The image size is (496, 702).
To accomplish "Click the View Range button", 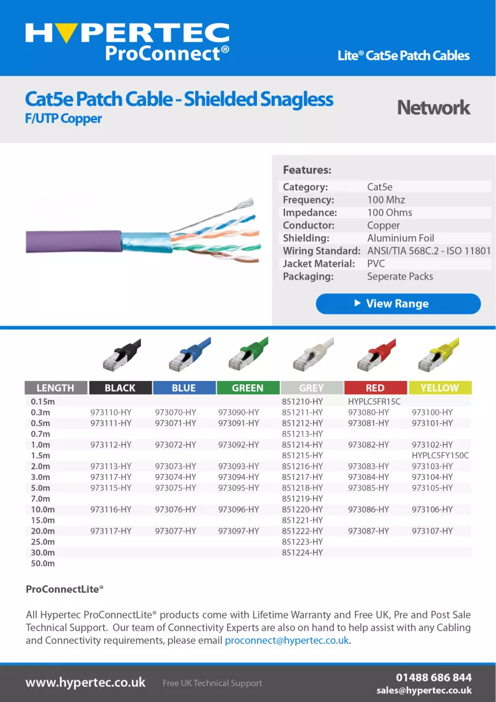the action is click(398, 304).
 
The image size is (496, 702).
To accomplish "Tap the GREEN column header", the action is click(248, 388).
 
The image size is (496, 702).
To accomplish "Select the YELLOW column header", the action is click(440, 388).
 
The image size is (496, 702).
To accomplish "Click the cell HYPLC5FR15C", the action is click(374, 401).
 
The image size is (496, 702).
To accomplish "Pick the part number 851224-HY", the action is click(302, 553).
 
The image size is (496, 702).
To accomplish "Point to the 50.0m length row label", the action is click(43, 564).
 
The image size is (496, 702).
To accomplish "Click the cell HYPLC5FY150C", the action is click(441, 455).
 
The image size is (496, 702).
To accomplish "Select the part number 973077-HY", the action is click(176, 531).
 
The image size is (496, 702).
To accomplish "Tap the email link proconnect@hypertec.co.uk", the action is click(287, 640).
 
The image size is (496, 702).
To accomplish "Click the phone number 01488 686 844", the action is click(434, 677).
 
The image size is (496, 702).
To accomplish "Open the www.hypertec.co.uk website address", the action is click(85, 683).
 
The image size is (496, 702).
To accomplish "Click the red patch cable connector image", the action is click(376, 355).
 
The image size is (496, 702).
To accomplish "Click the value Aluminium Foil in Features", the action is click(401, 238).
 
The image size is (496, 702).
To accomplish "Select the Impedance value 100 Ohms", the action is click(390, 213).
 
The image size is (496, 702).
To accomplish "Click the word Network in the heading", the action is click(434, 107).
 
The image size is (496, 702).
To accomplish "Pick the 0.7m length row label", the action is click(40, 434).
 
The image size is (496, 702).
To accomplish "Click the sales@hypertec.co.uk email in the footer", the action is click(424, 691).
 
